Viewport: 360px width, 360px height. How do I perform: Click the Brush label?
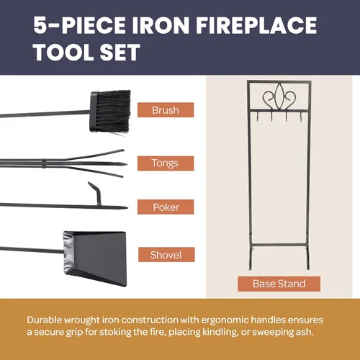click(166, 110)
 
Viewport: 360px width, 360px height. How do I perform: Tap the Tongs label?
click(166, 163)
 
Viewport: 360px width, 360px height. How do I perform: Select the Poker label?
click(166, 207)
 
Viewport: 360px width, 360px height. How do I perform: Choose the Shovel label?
click(166, 255)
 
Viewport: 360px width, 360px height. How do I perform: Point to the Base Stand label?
click(279, 284)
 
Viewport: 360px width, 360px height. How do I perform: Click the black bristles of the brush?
click(114, 111)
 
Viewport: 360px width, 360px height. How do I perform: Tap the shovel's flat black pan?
click(96, 258)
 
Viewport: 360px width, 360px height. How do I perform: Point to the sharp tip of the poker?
click(127, 207)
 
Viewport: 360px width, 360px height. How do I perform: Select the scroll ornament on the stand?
click(279, 96)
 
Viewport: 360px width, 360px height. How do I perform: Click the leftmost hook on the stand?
click(257, 117)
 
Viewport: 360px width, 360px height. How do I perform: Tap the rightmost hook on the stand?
click(300, 117)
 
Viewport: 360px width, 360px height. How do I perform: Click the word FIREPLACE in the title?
click(256, 25)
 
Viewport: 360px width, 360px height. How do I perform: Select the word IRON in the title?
click(161, 25)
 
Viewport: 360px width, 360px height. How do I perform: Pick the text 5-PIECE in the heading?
click(79, 25)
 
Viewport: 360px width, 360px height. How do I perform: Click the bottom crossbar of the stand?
click(279, 245)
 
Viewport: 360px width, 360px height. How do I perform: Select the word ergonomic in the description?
click(225, 320)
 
